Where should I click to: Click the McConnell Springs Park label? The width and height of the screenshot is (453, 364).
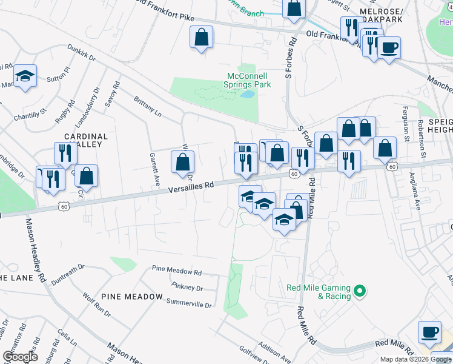point(248,80)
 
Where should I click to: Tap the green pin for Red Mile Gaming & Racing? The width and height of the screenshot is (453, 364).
point(359,292)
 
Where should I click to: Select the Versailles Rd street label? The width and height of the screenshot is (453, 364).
point(191,189)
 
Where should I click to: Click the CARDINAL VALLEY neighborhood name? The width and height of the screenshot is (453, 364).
point(85,141)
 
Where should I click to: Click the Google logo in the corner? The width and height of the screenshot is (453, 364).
point(20,357)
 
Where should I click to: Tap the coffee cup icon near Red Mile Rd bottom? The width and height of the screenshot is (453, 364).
point(429,332)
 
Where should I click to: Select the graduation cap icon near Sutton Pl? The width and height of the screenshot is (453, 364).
point(25,76)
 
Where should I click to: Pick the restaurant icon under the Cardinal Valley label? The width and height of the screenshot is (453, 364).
point(64,153)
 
